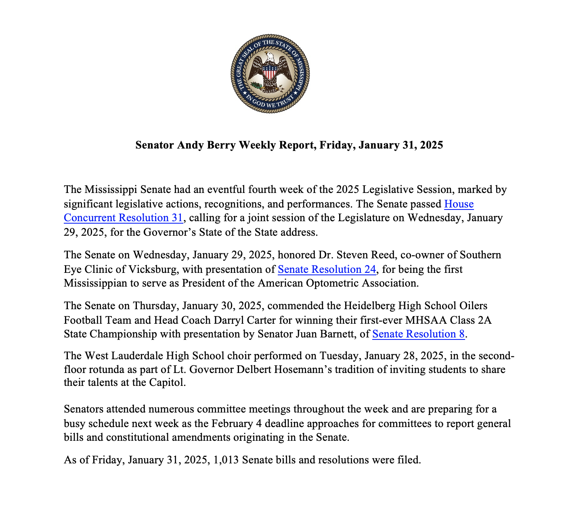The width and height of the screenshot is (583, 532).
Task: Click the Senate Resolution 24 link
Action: click(x=327, y=269)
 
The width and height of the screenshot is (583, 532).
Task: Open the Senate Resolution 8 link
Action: click(x=418, y=334)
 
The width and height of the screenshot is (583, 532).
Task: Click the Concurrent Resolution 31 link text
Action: click(x=124, y=218)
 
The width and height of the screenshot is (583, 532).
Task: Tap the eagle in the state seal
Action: click(x=270, y=67)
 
